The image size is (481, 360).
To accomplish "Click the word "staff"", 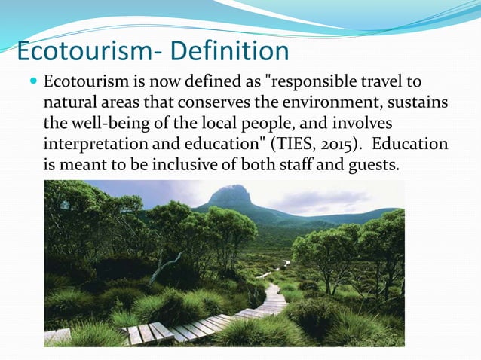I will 299,163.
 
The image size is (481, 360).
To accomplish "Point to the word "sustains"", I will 418,102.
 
